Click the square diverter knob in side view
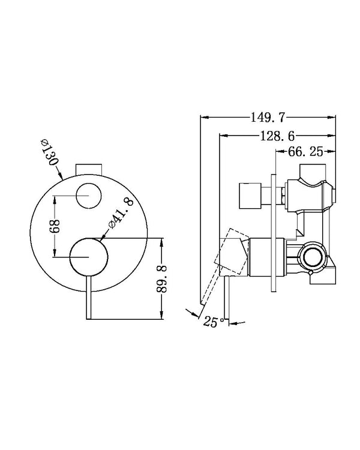253,194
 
